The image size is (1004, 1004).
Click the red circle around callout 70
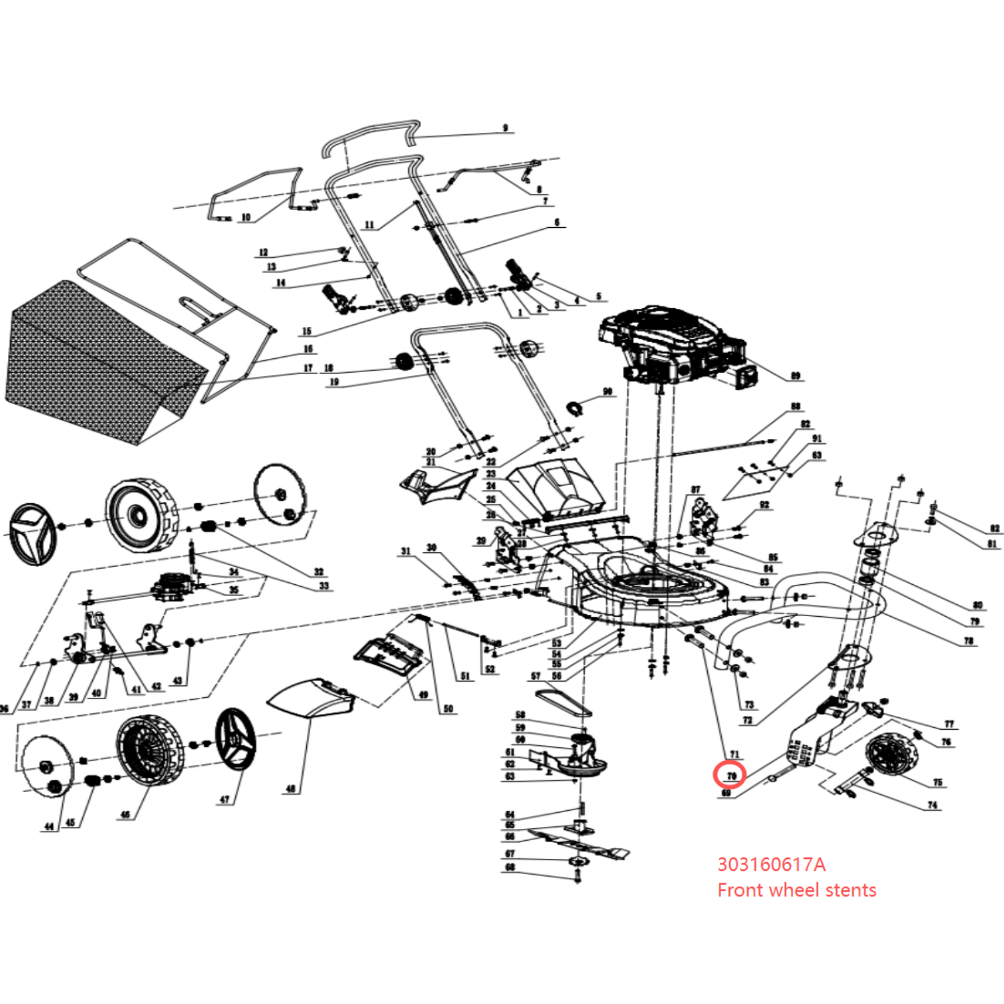[x=730, y=776]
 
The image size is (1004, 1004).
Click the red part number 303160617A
[x=771, y=865]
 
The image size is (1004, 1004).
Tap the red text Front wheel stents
[x=796, y=890]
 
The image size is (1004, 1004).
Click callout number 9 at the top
[x=505, y=128]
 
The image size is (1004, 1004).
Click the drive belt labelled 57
[x=563, y=702]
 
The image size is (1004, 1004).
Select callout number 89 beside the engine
[x=796, y=375]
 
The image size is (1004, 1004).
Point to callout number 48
[x=291, y=789]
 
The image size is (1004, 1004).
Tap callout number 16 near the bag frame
[x=307, y=349]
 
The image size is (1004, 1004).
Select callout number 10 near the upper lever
[x=246, y=217]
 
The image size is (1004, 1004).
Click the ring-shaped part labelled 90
[x=575, y=409]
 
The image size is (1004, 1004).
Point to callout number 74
[x=932, y=804]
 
